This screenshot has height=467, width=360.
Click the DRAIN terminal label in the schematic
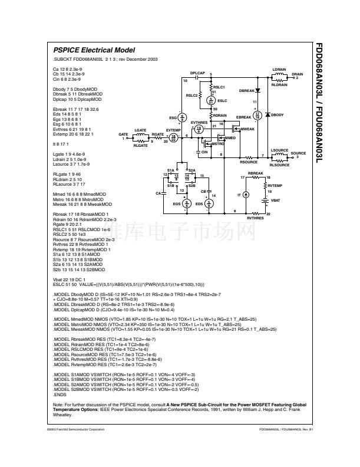[x=297, y=74]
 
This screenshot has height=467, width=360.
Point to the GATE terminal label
[x=123, y=134]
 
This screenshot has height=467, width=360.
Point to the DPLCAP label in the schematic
[x=197, y=73]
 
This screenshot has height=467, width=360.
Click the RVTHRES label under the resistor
[x=255, y=218]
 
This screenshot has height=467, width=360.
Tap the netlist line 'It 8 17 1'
[x=60, y=143]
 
